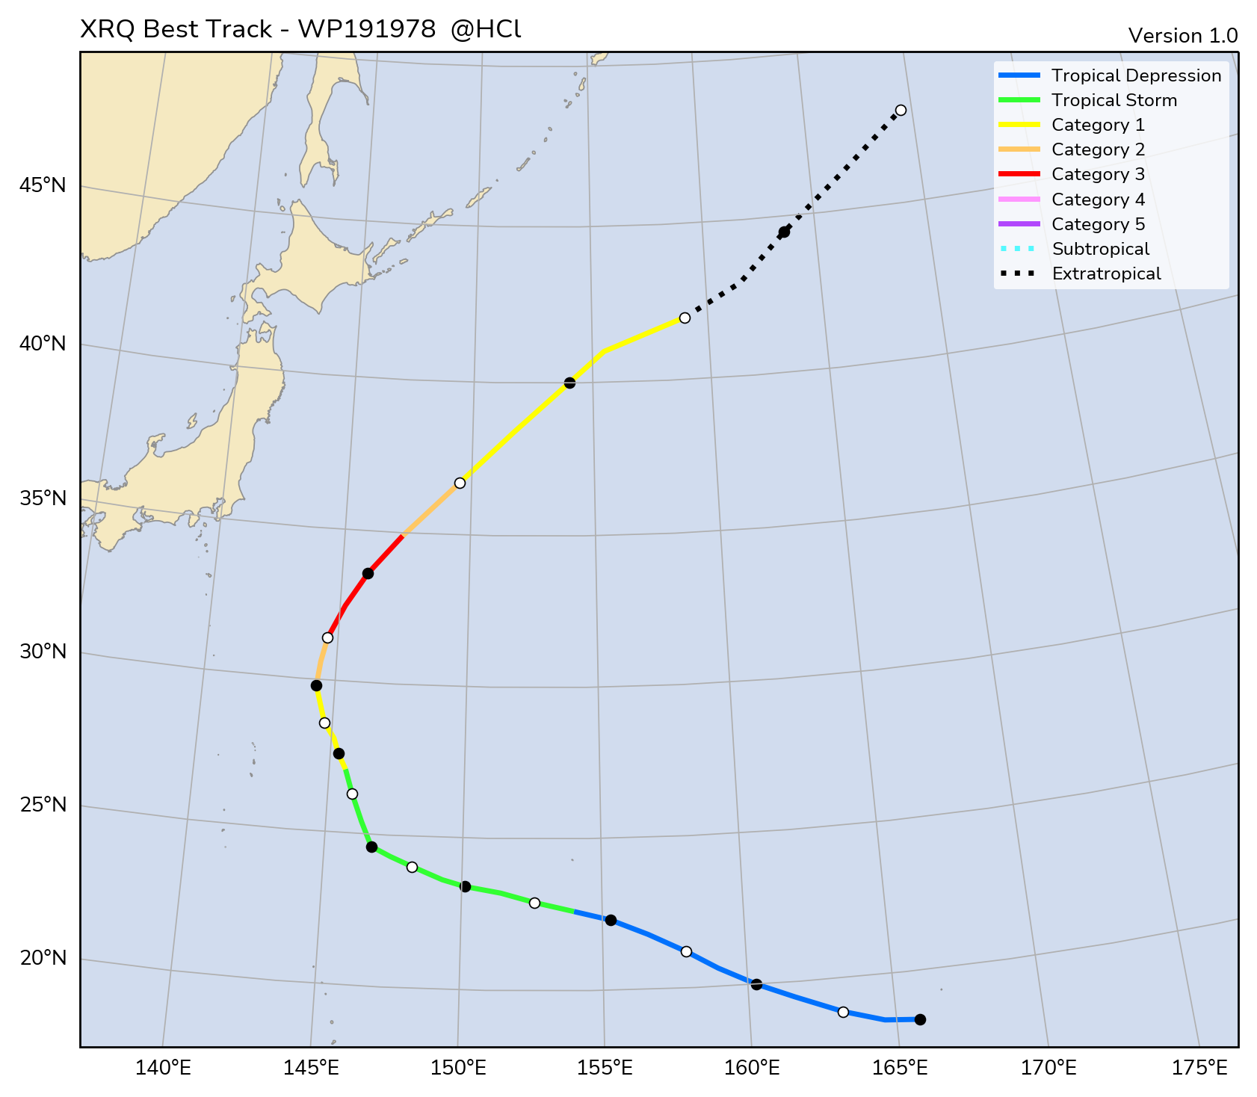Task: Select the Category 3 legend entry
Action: [1098, 174]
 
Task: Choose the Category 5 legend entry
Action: [1098, 224]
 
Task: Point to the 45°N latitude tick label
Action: [43, 185]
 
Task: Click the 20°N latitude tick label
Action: [43, 958]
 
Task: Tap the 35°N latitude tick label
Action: [43, 498]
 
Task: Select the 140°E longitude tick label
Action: [163, 1068]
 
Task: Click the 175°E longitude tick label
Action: [1202, 1068]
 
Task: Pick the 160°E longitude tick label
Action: [752, 1068]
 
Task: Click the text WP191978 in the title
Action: [366, 29]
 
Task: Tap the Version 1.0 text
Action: [1182, 36]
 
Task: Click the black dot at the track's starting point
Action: [920, 1019]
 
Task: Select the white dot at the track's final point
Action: [901, 110]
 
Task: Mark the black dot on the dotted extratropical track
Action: [784, 232]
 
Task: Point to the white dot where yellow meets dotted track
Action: [685, 318]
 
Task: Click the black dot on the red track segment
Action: [368, 573]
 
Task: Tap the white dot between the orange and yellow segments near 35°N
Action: [460, 483]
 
